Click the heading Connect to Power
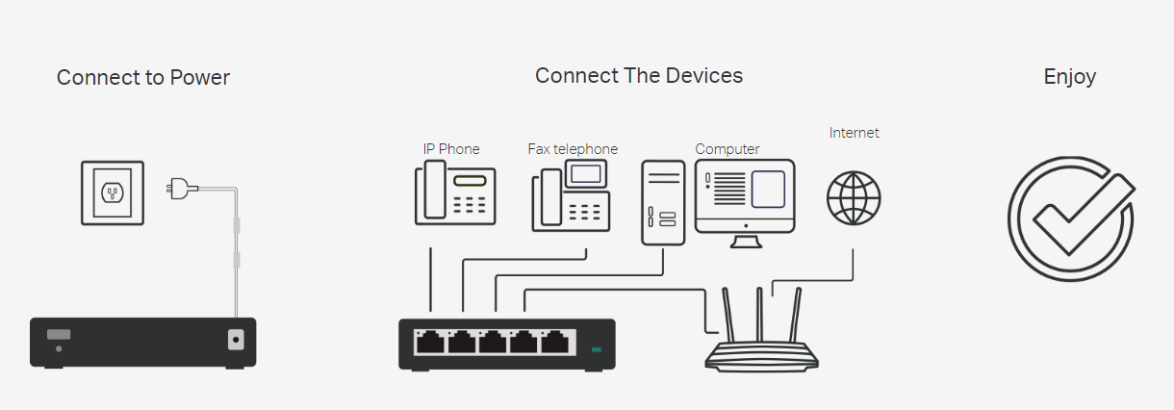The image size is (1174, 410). point(142,78)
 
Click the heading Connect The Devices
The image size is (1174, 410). point(639,75)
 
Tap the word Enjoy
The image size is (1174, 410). point(1069,77)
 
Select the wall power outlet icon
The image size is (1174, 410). point(113,192)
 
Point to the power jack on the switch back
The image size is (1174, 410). point(235,339)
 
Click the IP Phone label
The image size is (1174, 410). point(450,149)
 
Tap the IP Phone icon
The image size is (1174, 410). point(455,192)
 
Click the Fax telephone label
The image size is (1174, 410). point(573,149)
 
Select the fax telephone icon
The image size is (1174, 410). point(571,196)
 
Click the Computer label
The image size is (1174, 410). point(727,149)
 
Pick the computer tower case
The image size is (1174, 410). point(663,202)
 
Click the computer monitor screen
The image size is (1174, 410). point(745,190)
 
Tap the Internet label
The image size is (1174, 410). point(854,133)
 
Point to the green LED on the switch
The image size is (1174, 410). point(597,349)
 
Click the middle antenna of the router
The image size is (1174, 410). point(759,313)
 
